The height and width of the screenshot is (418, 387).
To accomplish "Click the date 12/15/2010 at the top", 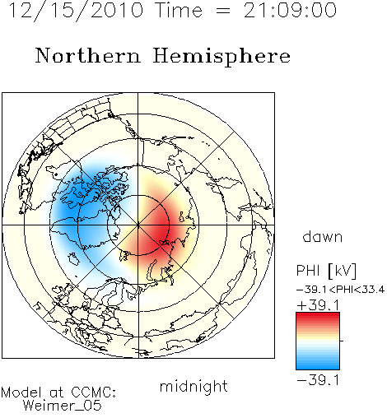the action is point(76,11).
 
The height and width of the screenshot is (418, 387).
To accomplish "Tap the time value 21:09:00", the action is point(290,11).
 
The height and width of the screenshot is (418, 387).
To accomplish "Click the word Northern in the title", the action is point(88,55).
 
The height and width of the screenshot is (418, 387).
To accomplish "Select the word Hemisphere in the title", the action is point(221,57).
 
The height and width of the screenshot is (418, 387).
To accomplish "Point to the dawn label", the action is point(323,236).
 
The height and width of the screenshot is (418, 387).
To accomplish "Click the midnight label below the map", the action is point(193,386).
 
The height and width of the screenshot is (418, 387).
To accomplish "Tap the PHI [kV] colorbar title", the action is point(326,271).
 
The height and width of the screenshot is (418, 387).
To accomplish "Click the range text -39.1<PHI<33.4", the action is point(340,290).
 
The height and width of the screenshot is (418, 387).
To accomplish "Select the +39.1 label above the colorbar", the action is point(319,305).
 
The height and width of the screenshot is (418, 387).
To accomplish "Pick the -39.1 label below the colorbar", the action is point(319,380).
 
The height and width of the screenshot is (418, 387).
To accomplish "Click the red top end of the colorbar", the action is point(318,315).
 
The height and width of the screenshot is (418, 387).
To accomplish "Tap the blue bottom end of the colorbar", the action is point(318,366).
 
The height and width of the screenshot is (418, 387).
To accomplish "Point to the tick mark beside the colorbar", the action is point(342,341).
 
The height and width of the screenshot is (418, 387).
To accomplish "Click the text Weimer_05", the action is point(63,406).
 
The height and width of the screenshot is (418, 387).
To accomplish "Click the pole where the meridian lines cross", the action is point(138,225).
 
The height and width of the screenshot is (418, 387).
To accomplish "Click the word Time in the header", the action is point(179,11).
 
